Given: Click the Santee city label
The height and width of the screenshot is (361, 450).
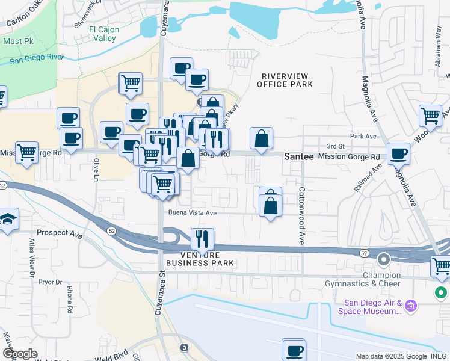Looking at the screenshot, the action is pos(299,156).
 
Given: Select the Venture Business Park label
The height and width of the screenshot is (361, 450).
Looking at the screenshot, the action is pos(200,259).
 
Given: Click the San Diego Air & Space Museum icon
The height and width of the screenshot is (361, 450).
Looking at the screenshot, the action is pos(411,305).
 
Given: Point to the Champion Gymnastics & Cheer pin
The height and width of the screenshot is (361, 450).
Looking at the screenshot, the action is pos(384,260).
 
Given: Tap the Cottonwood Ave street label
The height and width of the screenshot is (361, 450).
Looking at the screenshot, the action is pos(301,215).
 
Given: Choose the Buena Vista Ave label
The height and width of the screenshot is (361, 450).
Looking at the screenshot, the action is pos(192,212).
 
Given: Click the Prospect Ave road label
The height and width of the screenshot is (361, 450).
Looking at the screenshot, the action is pos(59,232).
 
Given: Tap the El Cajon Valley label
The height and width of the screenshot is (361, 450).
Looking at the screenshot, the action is pos(103,34).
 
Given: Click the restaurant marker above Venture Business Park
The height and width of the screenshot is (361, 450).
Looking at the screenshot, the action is pos(203,239).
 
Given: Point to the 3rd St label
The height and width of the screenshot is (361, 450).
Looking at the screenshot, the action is pos(336,146).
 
